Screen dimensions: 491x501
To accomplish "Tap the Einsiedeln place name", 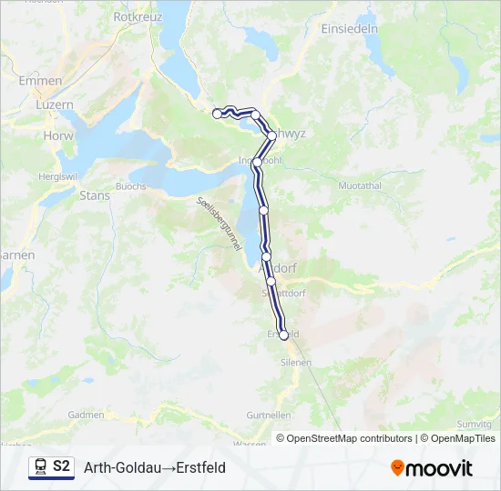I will (x=350, y=28).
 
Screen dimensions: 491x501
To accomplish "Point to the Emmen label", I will (x=41, y=81).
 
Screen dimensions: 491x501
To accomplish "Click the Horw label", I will (x=57, y=135).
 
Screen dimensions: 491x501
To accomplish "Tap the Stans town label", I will (x=95, y=195).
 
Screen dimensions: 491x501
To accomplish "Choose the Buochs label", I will (x=131, y=185).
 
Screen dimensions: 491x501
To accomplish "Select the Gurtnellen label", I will (x=269, y=415).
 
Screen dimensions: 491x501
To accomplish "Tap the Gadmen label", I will (x=87, y=415).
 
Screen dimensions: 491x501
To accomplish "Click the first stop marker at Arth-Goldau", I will (x=217, y=114).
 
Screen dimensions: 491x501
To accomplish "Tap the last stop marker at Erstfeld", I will (x=284, y=336).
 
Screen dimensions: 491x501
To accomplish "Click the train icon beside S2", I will (x=40, y=467).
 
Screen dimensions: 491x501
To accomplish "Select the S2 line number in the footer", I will (x=61, y=467).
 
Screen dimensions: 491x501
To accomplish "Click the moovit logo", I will (x=432, y=468).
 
